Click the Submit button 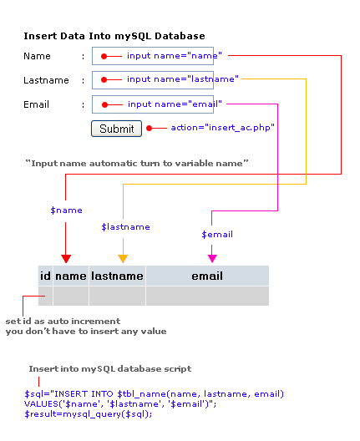click(x=116, y=129)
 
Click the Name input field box click(x=153, y=56)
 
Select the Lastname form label click(x=46, y=80)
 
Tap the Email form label click(x=36, y=104)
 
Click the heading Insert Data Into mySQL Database click(x=114, y=36)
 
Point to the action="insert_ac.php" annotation click(x=223, y=128)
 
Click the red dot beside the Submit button click(x=150, y=129)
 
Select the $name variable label click(x=66, y=210)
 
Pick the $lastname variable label click(x=126, y=226)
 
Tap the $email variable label click(x=217, y=234)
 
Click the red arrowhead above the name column click(x=66, y=258)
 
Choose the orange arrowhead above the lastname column click(x=123, y=258)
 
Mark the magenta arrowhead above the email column click(x=212, y=258)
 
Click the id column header click(x=45, y=276)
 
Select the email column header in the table click(x=207, y=276)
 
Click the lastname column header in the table click(x=117, y=276)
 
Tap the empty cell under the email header click(x=207, y=296)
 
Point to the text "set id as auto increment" click(x=63, y=322)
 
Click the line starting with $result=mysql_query click(x=88, y=414)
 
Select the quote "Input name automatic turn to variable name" click(x=137, y=164)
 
